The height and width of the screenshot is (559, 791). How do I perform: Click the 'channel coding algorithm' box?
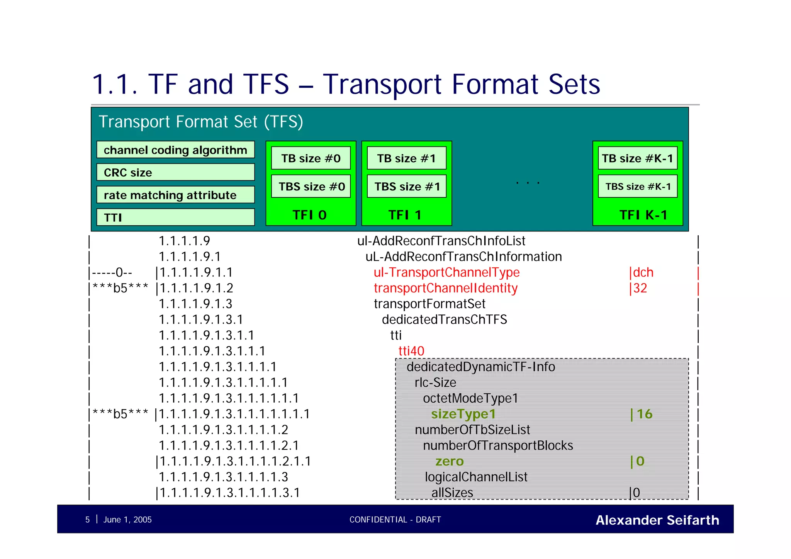point(175,150)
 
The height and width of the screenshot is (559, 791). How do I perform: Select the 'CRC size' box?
point(175,172)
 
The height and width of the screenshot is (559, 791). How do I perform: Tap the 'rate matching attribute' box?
point(175,195)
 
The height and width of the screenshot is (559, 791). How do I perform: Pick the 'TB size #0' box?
point(311,158)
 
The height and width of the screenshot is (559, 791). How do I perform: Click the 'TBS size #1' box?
point(407,186)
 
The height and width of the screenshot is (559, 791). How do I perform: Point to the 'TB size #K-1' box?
point(638,158)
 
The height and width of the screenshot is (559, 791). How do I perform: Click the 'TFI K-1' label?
point(643,215)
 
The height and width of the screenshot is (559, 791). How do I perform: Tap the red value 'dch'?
point(643,272)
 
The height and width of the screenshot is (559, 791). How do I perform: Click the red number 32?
point(640,288)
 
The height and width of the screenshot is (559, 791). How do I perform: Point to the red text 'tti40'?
point(411,351)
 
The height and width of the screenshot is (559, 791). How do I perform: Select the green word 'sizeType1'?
point(463,414)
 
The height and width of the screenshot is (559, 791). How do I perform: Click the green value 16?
point(644,414)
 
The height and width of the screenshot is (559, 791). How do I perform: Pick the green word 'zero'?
point(450,461)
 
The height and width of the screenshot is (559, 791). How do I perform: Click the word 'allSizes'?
point(452,493)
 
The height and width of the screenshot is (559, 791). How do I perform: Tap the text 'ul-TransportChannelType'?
point(446,272)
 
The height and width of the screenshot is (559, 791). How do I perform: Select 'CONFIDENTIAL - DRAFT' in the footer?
point(395,520)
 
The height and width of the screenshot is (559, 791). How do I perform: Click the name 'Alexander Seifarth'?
point(657,520)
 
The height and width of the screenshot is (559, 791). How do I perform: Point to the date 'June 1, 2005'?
point(127,520)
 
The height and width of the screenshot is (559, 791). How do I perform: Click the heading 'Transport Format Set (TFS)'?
point(201,122)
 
